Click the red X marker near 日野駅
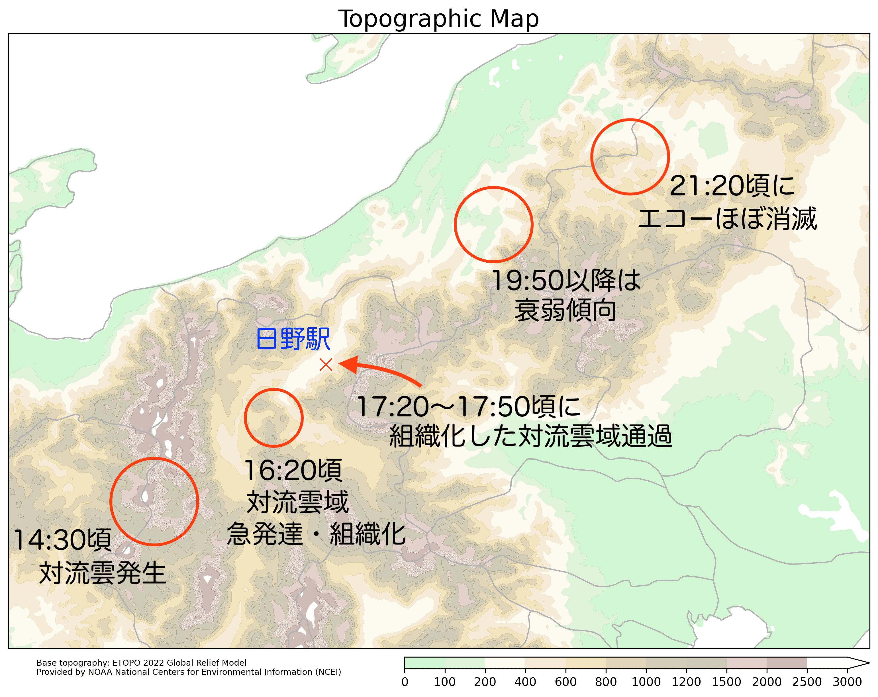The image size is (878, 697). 326,364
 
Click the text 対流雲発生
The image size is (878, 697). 103,573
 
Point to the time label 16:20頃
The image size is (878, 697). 293,470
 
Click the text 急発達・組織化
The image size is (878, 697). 316,534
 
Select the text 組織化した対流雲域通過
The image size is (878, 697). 530,436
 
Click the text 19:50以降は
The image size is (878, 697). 566,281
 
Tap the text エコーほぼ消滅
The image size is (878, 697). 727,219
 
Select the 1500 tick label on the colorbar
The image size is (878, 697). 726,682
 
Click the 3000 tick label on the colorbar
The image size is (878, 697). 847,682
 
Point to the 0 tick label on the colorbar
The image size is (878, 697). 405,682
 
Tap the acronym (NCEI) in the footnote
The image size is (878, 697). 328,672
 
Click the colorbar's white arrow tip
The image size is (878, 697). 863,663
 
